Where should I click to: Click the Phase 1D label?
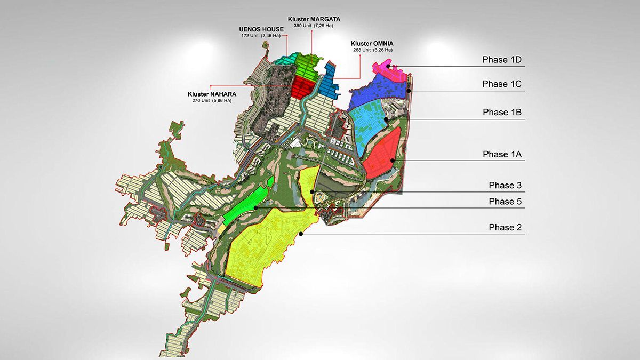502,60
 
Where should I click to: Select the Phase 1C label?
502,84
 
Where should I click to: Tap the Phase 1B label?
502,113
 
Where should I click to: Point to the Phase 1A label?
502,155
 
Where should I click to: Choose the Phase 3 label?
505,186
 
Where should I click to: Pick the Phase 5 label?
505,202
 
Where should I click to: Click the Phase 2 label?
505,228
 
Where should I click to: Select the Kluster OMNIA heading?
371,43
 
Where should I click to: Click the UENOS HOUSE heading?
261,29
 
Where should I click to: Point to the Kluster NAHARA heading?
212,93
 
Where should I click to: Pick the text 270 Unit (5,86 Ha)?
212,100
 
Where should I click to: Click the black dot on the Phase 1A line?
392,160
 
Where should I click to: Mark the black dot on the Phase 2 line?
301,234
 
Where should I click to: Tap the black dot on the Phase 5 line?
256,207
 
